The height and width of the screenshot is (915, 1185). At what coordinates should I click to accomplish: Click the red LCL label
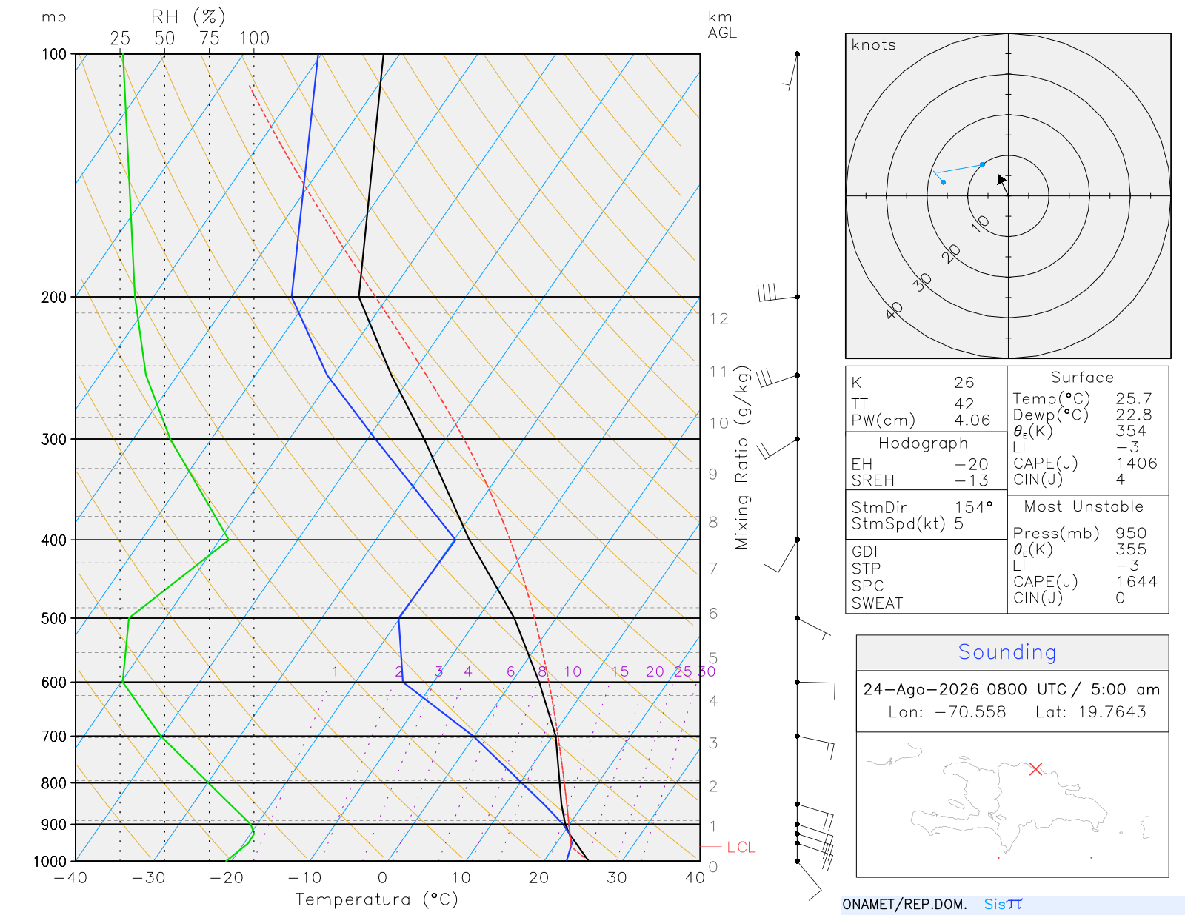[x=741, y=848]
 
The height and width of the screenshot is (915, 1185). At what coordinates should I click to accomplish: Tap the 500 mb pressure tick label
[x=53, y=619]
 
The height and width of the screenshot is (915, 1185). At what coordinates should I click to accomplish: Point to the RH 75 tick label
[x=209, y=38]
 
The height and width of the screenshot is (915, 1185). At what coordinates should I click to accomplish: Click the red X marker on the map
[x=1035, y=769]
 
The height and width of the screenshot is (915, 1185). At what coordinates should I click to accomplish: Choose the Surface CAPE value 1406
[x=1136, y=463]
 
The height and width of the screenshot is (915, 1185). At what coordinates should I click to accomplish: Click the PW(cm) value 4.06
[x=972, y=420]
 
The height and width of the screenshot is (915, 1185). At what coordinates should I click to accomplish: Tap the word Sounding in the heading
[x=1007, y=651]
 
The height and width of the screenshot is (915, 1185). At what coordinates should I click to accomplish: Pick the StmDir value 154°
[x=973, y=507]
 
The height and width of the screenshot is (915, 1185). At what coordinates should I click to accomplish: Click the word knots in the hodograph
[x=873, y=44]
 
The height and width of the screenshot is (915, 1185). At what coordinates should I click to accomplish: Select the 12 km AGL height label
[x=718, y=319]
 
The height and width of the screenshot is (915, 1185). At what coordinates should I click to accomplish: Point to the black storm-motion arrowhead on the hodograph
[x=1001, y=179]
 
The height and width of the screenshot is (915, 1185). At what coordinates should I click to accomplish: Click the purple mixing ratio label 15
[x=620, y=671]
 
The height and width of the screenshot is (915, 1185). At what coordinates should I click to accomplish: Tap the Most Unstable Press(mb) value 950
[x=1131, y=533]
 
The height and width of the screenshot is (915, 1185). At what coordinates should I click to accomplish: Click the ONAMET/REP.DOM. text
[x=904, y=904]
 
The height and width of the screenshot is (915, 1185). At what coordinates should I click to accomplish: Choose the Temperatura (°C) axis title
[x=376, y=899]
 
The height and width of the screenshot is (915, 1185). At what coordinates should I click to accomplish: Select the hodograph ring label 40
[x=894, y=310]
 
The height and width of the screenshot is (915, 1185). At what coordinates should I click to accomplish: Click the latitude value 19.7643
[x=1112, y=711]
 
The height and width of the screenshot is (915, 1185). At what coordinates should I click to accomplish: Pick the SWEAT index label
[x=877, y=603]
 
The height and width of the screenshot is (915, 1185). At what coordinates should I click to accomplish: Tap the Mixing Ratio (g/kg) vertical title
[x=742, y=457]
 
